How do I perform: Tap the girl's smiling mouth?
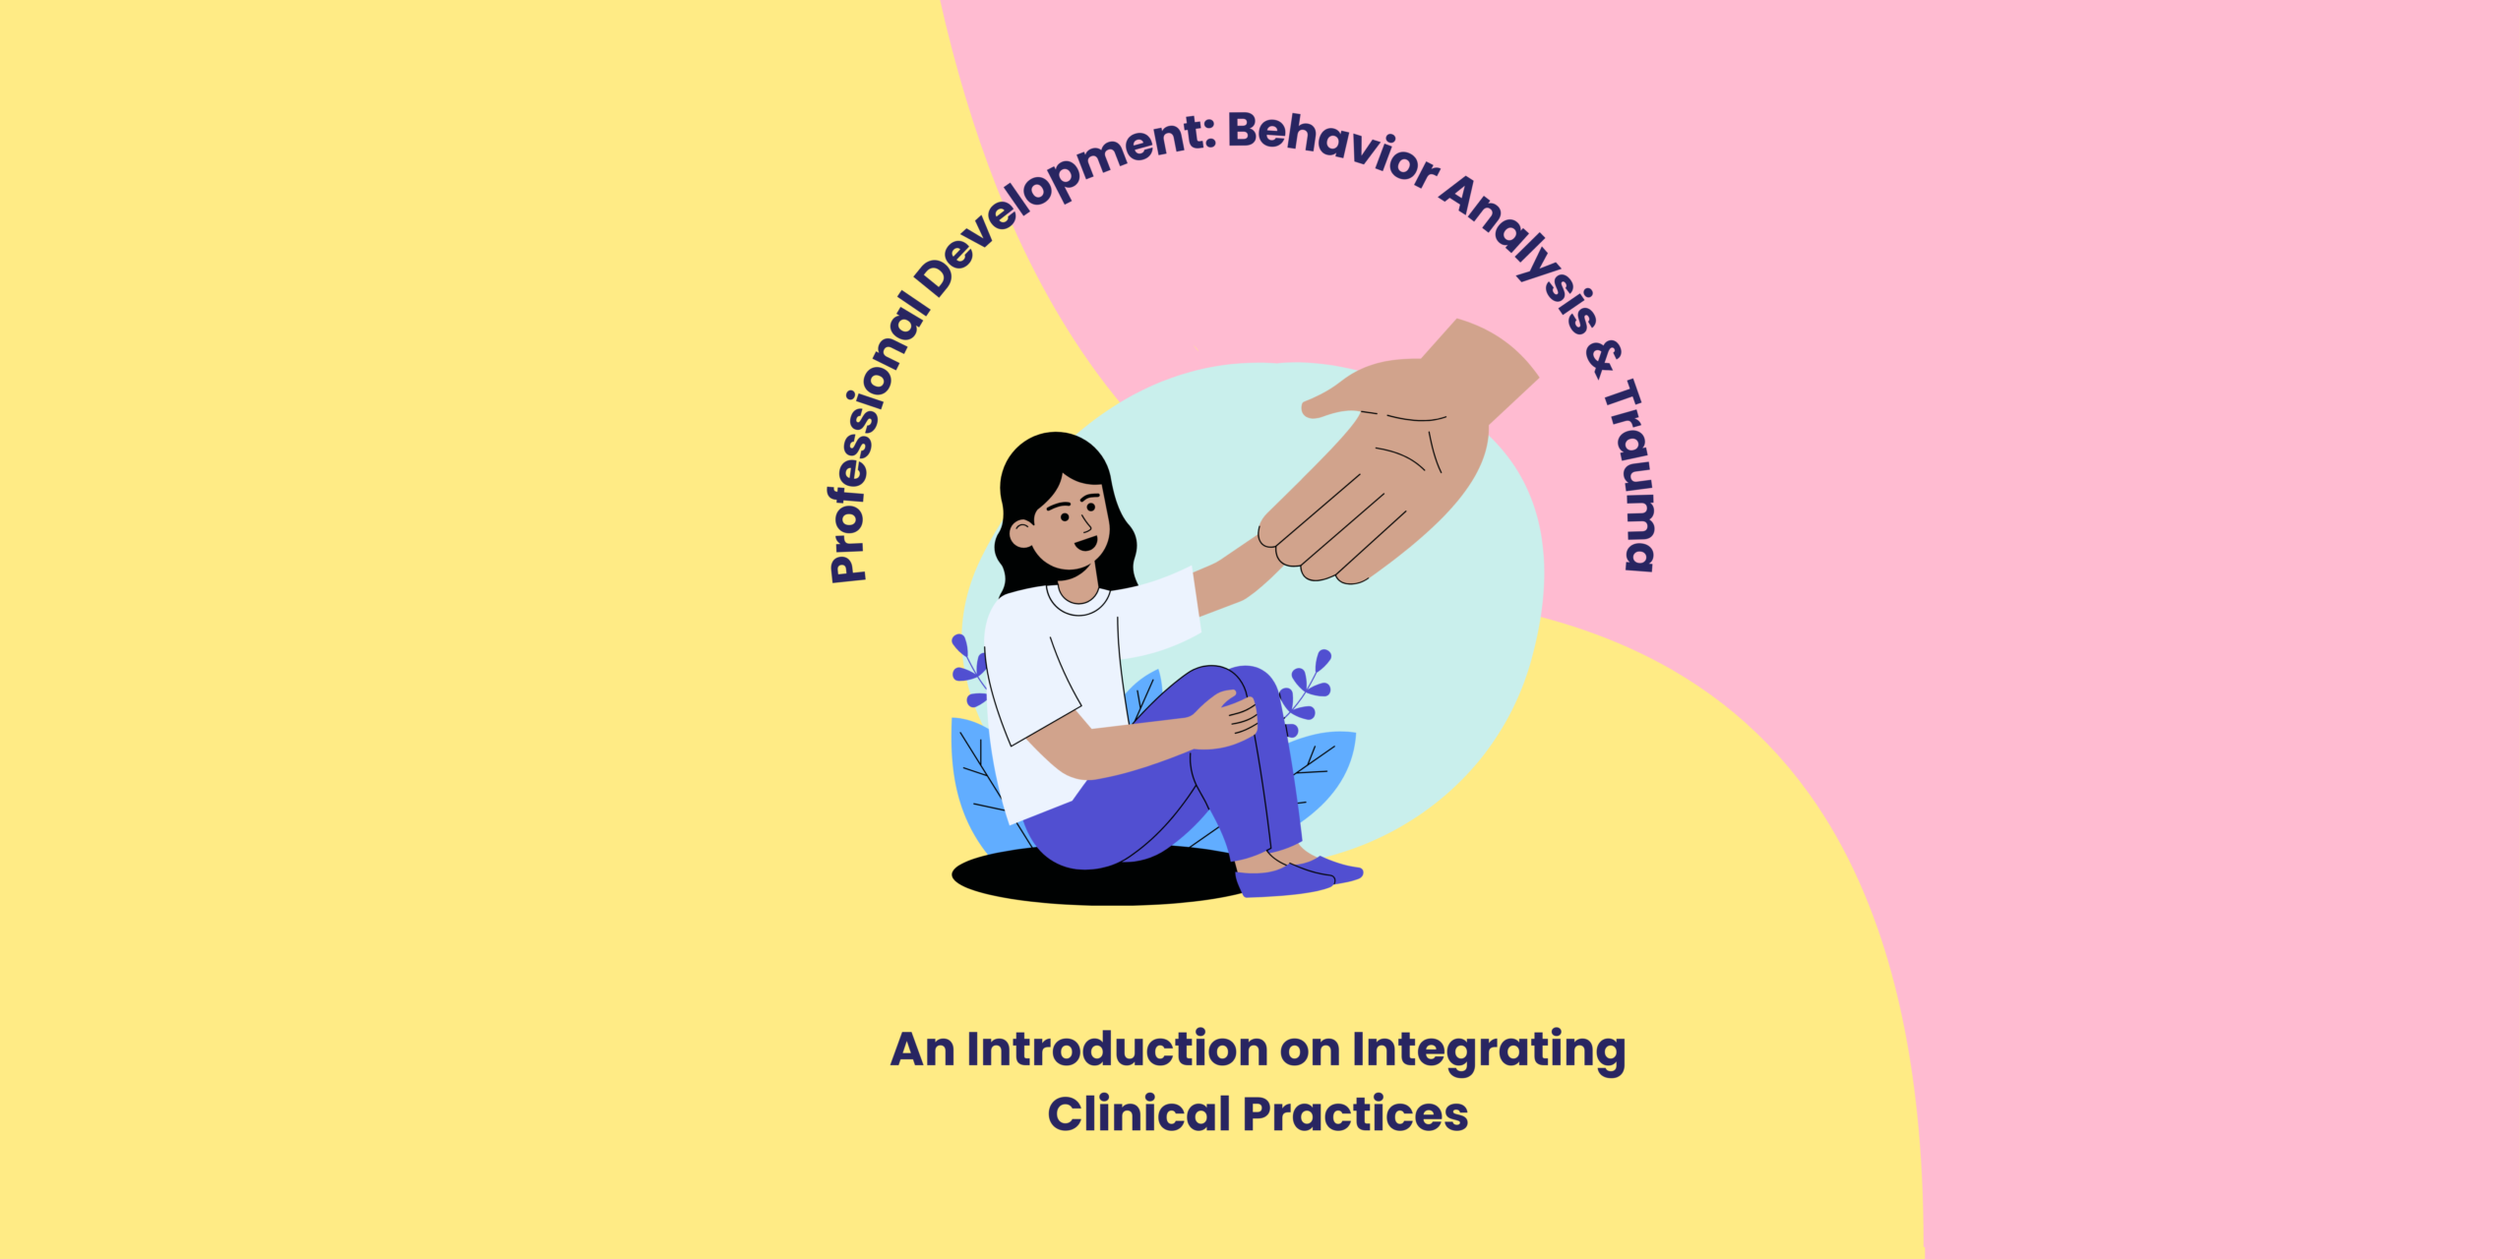pyautogui.click(x=1085, y=544)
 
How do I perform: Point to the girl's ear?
pyautogui.click(x=1021, y=534)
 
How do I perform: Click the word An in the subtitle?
pyautogui.click(x=922, y=1049)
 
